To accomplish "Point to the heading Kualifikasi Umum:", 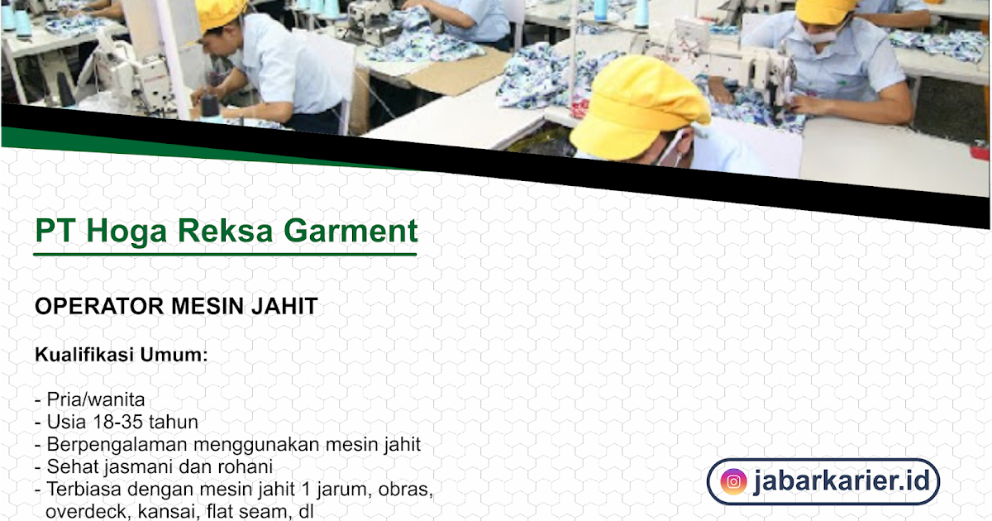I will tap(121, 356).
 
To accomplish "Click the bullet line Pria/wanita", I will tap(95, 400).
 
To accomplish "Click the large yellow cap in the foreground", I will tap(637, 103).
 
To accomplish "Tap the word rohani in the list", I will tap(243, 466).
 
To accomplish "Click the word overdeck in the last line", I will tap(83, 511).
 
